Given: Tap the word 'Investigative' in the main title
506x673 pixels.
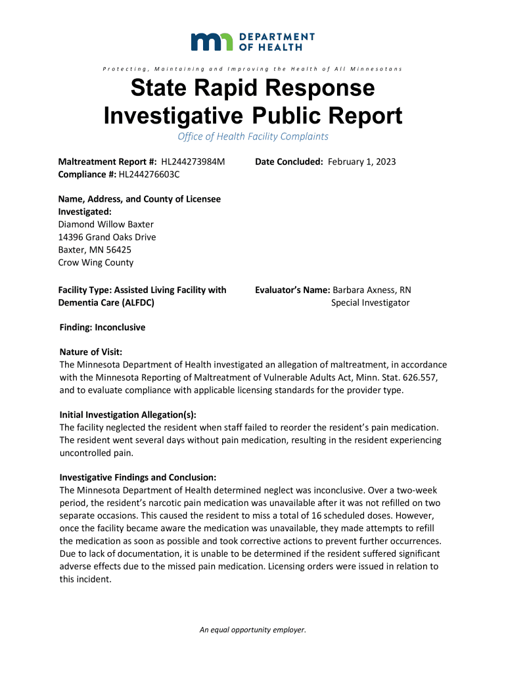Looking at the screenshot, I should pyautogui.click(x=174, y=117).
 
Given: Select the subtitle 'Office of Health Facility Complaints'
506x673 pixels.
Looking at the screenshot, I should pyautogui.click(x=253, y=137).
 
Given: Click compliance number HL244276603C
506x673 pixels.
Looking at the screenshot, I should pyautogui.click(x=149, y=174).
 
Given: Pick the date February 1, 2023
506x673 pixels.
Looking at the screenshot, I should pyautogui.click(x=362, y=162).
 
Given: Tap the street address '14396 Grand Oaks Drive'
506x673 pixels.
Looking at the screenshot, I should pyautogui.click(x=108, y=237).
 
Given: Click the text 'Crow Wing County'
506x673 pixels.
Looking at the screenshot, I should pyautogui.click(x=96, y=262).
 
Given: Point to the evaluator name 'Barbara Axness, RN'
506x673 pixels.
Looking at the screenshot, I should pyautogui.click(x=372, y=290).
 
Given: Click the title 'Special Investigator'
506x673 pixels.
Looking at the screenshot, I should pyautogui.click(x=370, y=302).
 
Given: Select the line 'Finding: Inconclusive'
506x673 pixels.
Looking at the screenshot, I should pyautogui.click(x=103, y=327).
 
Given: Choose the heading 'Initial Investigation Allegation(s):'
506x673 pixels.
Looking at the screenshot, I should pyautogui.click(x=127, y=415).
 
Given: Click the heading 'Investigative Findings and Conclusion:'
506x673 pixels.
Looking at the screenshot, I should pyautogui.click(x=138, y=477).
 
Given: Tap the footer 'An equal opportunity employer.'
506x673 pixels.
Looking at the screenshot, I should pyautogui.click(x=253, y=630).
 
